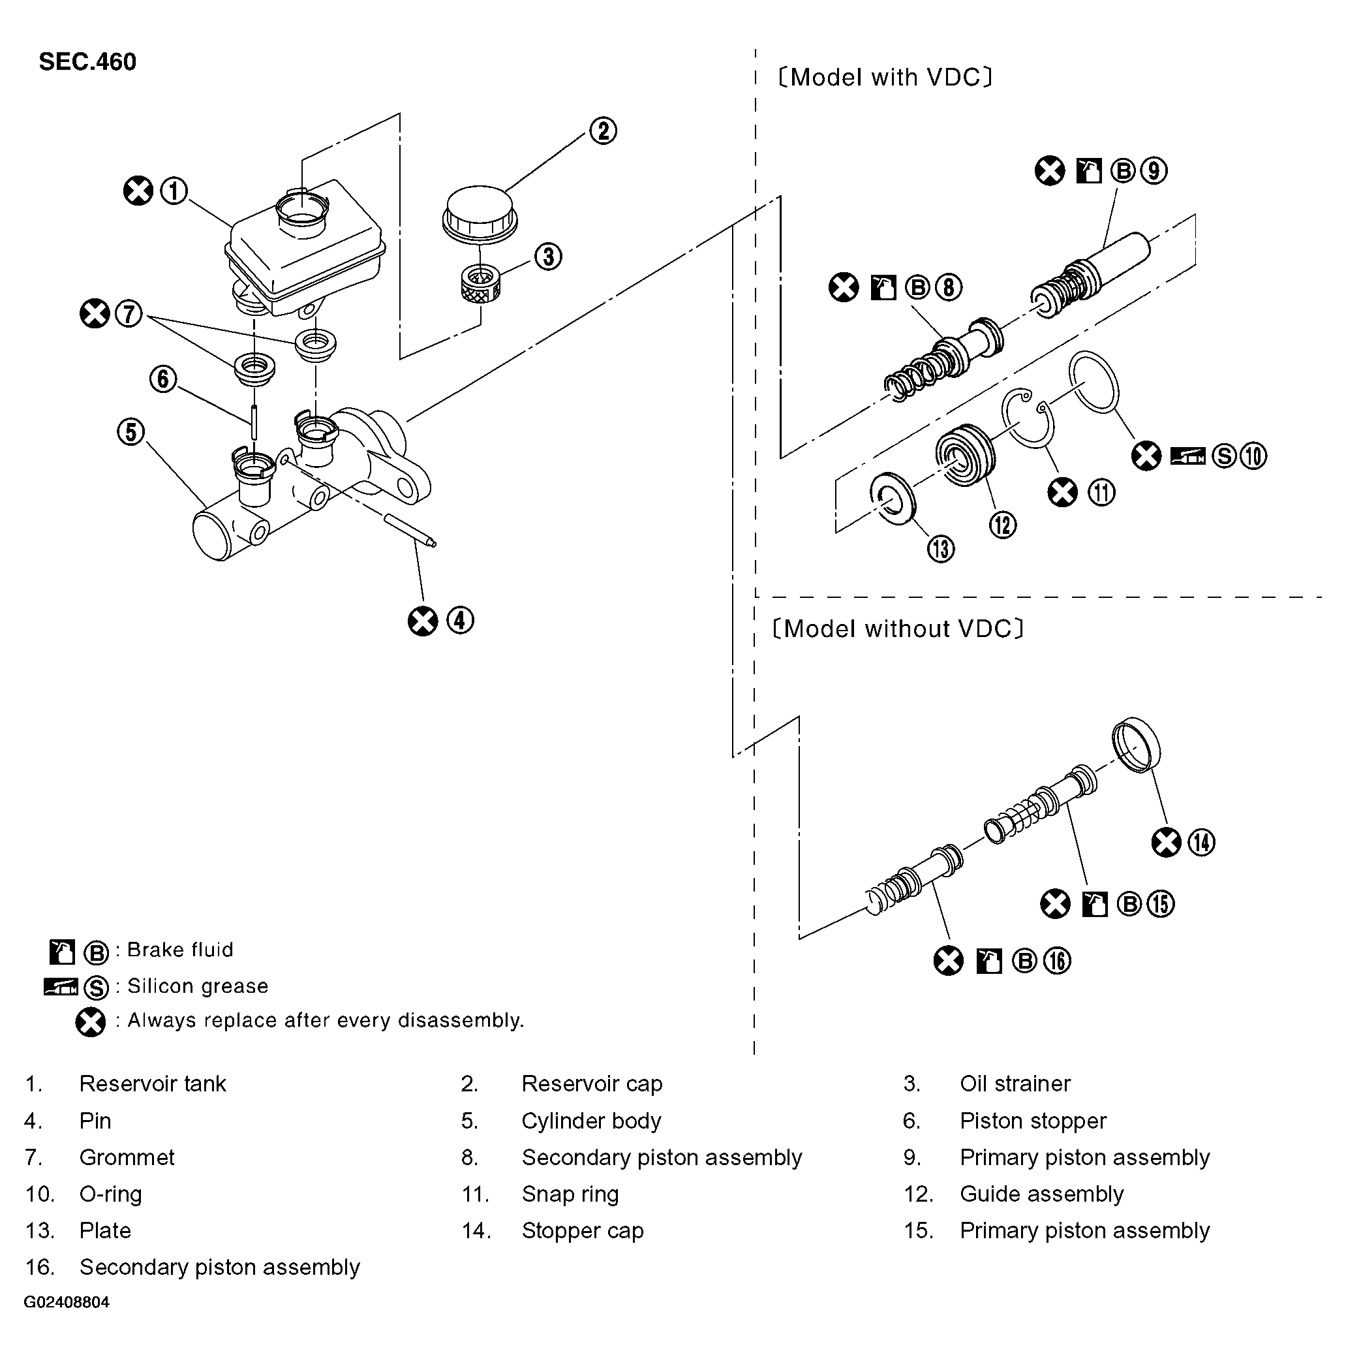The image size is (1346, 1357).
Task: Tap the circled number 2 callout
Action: click(602, 131)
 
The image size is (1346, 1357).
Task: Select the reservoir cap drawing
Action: click(480, 213)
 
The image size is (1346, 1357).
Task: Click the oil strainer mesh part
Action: click(480, 284)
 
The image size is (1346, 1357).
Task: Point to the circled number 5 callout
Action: click(130, 431)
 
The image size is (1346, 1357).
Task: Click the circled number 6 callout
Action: click(163, 379)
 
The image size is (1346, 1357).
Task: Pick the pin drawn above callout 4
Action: click(412, 530)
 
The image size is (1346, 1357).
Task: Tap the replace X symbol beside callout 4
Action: click(423, 621)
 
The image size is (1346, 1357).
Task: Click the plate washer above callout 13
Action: click(893, 499)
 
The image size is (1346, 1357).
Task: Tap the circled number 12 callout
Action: click(1003, 525)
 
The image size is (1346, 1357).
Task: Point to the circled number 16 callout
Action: click(1057, 961)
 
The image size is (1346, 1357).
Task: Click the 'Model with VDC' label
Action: click(885, 77)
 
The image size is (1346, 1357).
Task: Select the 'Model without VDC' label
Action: click(897, 629)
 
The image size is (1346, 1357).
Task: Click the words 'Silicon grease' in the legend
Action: click(197, 986)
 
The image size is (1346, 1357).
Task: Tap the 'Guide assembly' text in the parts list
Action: click(1041, 1194)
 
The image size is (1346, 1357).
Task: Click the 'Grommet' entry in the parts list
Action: click(127, 1157)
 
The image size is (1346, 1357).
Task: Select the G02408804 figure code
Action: click(67, 1302)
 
